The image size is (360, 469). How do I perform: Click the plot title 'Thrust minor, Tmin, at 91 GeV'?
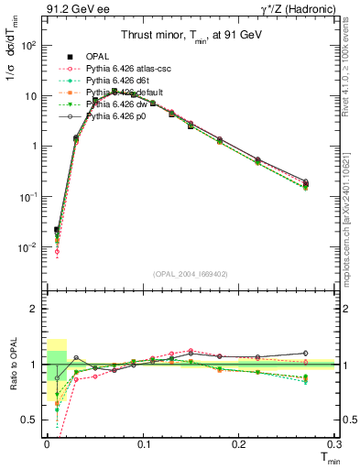(x=191, y=37)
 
